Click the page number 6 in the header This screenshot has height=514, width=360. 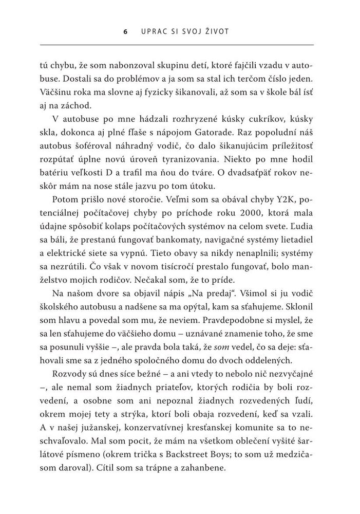125,31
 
